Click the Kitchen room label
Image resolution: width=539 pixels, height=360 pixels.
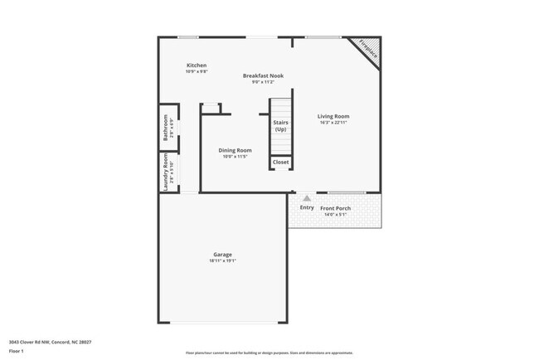coord(197,66)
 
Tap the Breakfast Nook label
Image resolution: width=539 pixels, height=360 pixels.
coord(263,75)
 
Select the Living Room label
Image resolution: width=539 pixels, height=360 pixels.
coord(333,116)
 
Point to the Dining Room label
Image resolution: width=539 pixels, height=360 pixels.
coord(236,150)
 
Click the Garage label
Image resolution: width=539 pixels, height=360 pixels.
coord(222,255)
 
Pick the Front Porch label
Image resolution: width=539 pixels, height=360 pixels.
coord(337,207)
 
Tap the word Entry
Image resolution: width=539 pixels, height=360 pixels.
coord(307,207)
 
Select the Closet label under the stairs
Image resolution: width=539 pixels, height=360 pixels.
coord(281,162)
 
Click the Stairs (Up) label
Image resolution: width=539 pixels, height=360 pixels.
coord(281,126)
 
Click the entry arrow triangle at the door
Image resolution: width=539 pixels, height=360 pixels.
coord(307,198)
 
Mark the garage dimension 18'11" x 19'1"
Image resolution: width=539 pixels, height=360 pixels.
coord(222,261)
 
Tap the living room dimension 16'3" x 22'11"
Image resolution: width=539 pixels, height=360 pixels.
coord(333,123)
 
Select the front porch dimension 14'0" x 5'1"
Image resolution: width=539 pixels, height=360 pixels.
coord(337,215)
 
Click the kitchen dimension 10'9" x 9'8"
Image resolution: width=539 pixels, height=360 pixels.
coord(197,72)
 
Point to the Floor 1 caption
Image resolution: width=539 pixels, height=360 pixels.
coord(17,351)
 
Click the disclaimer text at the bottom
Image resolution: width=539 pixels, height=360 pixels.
coord(269,353)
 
